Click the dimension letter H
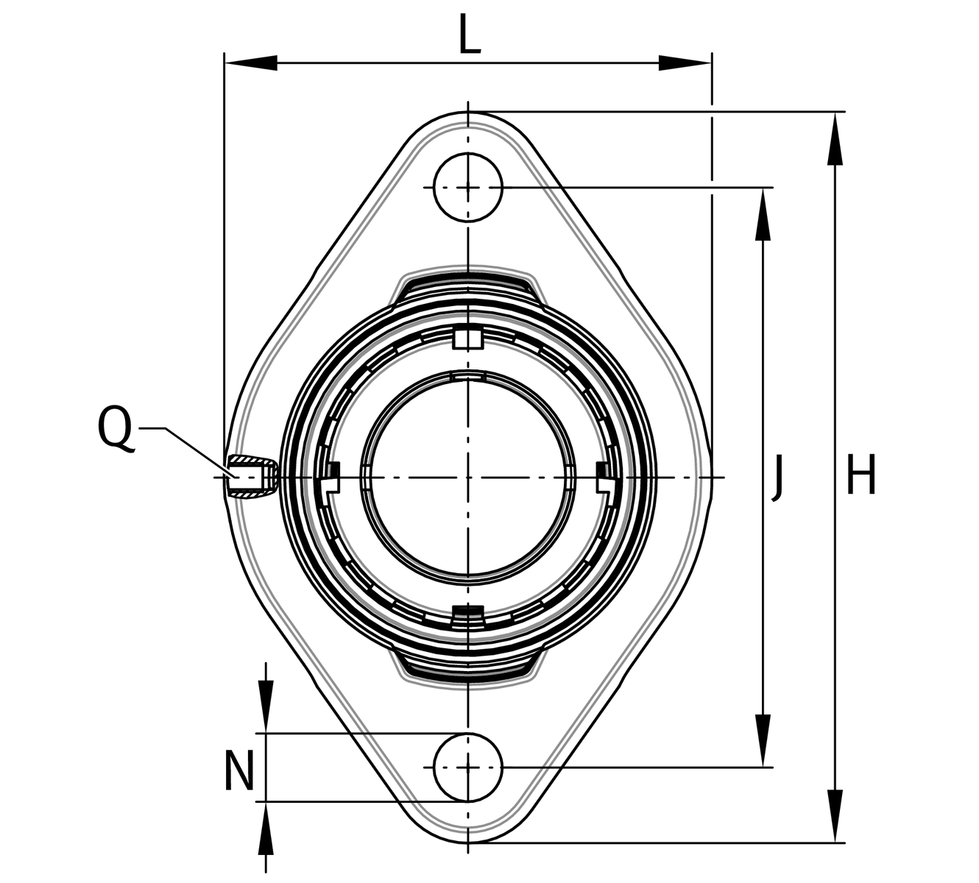(x=861, y=474)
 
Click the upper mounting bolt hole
(x=468, y=188)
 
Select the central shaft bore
(x=468, y=477)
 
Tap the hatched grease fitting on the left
(x=252, y=477)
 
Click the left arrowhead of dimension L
(x=251, y=63)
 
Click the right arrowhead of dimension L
(x=685, y=63)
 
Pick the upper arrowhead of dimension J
(x=763, y=214)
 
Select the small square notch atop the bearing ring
(x=468, y=339)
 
